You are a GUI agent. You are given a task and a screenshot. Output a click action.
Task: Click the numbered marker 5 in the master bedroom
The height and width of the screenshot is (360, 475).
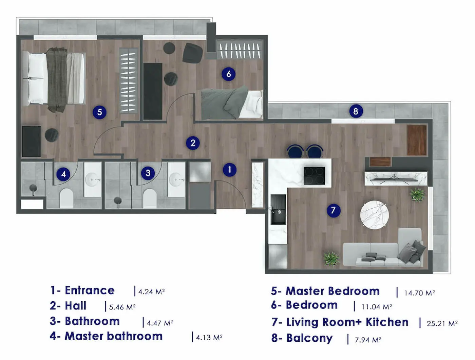click(99, 112)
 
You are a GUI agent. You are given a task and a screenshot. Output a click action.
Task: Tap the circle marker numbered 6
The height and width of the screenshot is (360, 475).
click(228, 74)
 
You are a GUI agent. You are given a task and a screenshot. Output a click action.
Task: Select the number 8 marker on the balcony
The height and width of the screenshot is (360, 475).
click(356, 111)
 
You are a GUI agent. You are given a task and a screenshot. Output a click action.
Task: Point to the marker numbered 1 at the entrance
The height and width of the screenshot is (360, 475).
click(230, 170)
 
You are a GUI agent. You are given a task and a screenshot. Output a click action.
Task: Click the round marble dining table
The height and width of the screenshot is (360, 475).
click(374, 215)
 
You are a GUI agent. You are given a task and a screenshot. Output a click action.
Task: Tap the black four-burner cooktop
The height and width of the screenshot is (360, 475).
click(314, 176)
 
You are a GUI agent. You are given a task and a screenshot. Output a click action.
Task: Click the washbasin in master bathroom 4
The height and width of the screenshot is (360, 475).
click(93, 179)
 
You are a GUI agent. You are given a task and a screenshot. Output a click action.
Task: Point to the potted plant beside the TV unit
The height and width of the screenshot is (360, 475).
click(417, 194)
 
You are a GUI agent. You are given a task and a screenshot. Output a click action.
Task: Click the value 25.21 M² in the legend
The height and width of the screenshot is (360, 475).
click(442, 323)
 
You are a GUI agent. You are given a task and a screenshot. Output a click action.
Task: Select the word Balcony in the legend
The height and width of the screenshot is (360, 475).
click(309, 338)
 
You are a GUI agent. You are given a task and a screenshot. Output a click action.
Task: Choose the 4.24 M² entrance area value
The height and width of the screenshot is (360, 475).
click(151, 292)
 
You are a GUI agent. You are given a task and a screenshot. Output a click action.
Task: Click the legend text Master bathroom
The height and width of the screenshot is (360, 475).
click(113, 336)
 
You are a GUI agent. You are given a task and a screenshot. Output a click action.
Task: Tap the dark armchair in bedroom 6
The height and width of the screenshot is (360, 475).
click(192, 53)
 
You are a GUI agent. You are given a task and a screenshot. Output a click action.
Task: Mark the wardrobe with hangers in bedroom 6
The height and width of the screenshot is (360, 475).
click(240, 50)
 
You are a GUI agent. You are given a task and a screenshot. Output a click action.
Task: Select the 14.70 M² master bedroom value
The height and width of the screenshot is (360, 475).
click(419, 293)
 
